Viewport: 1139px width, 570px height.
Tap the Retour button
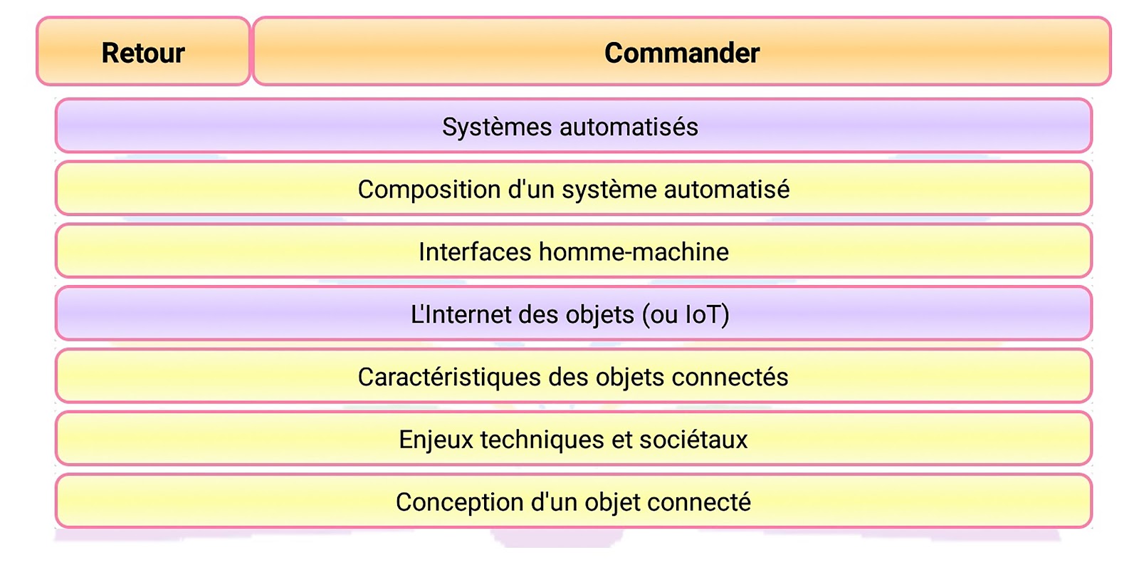pyautogui.click(x=143, y=51)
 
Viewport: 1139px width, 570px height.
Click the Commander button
pyautogui.click(x=682, y=51)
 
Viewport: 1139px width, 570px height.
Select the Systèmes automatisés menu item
pyautogui.click(x=574, y=125)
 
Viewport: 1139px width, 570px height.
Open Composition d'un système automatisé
pyautogui.click(x=574, y=188)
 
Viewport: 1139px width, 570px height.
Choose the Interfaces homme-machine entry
pyautogui.click(x=574, y=251)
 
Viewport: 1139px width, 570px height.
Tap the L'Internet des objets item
pyautogui.click(x=574, y=313)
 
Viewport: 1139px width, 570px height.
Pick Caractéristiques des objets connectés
pyautogui.click(x=574, y=376)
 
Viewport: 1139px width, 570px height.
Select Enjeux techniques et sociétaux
pyautogui.click(x=574, y=439)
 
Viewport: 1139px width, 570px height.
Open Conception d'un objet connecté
pyautogui.click(x=574, y=502)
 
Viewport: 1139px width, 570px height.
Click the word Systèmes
pyautogui.click(x=497, y=128)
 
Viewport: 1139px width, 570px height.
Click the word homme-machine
pyautogui.click(x=634, y=252)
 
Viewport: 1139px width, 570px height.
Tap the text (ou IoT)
pyautogui.click(x=686, y=314)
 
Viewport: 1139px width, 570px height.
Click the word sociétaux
pyautogui.click(x=693, y=440)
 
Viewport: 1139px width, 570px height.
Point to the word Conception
pyautogui.click(x=460, y=503)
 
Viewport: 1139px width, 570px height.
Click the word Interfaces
pyautogui.click(x=475, y=252)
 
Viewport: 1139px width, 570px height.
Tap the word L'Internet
pyautogui.click(x=460, y=314)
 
